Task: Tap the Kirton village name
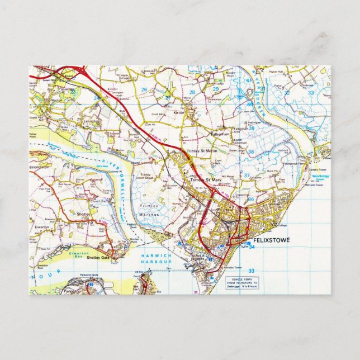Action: click(x=179, y=112)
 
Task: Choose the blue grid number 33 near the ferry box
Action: click(x=252, y=270)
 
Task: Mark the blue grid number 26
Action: click(x=144, y=89)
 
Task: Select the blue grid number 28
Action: click(x=192, y=92)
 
